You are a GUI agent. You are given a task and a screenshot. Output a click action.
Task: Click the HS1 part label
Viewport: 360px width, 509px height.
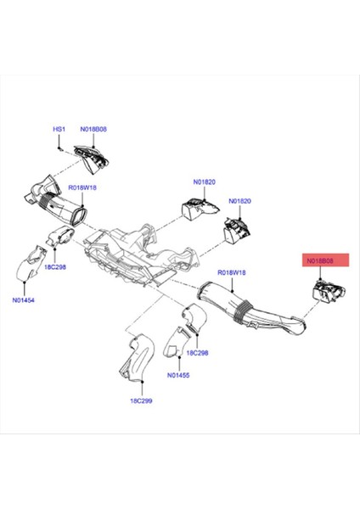(59, 129)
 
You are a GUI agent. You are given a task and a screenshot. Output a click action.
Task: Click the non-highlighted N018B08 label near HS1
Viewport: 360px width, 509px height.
(94, 129)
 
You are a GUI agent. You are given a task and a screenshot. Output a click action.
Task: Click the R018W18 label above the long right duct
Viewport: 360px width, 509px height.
(231, 272)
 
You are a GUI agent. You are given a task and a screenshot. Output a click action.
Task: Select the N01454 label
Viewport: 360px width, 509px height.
(24, 300)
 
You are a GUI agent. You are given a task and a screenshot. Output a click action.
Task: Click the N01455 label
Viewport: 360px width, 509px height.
(178, 374)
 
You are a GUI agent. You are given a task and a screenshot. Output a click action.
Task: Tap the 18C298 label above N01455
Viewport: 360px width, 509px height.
(197, 352)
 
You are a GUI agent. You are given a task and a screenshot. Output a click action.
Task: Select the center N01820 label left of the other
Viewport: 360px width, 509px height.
(205, 182)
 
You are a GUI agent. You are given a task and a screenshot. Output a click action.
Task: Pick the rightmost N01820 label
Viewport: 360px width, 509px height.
(240, 202)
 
